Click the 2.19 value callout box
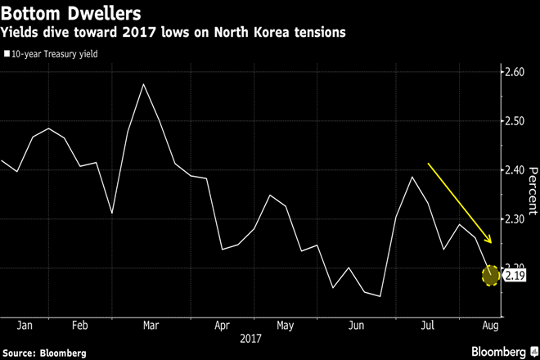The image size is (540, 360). point(515,277)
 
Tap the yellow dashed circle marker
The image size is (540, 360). point(490,276)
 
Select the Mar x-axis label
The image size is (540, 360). point(151,325)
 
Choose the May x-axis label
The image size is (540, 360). point(285,325)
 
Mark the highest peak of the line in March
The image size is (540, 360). point(144,84)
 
